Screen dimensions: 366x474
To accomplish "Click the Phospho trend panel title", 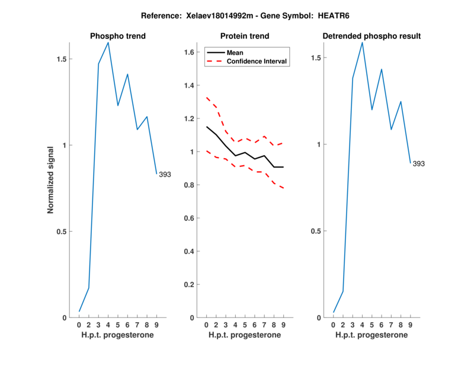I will tap(117, 36).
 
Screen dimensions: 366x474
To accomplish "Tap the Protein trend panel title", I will tap(245, 36).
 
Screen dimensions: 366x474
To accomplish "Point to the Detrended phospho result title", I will tap(371, 36).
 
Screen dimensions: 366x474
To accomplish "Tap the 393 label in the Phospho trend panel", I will tap(165, 174).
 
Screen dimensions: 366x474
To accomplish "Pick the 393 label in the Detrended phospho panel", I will tap(418, 163).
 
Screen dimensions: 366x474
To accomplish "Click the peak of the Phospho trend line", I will tap(108, 43).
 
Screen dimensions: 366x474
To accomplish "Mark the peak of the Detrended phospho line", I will tap(362, 42).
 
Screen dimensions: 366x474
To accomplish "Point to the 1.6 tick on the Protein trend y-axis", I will tap(189, 52).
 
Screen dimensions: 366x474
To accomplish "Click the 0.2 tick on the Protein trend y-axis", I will tap(189, 284).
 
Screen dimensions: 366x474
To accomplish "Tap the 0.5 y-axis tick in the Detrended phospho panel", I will tap(316, 231).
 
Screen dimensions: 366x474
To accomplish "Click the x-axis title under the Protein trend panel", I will tap(245, 335).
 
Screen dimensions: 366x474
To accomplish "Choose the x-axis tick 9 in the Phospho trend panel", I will tap(156, 325).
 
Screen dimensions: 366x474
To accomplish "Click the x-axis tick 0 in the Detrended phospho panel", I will tap(334, 325).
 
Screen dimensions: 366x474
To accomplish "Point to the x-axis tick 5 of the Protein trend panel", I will tap(245, 325).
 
